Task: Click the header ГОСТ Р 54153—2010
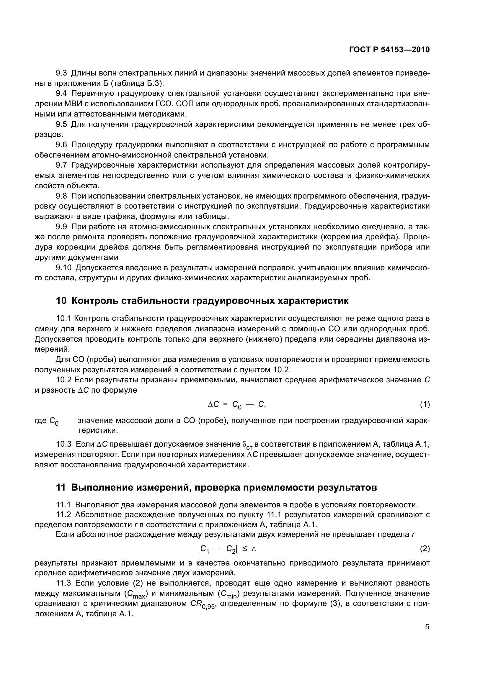pos(389,50)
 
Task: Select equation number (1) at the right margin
pos(425,405)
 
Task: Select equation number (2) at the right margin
pos(425,549)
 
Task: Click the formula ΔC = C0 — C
pos(237,405)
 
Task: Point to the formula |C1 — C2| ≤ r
pos(227,549)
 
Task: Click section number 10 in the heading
pos(61,301)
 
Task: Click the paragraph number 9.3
pos(62,73)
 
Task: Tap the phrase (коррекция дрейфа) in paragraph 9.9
pos(360,237)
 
